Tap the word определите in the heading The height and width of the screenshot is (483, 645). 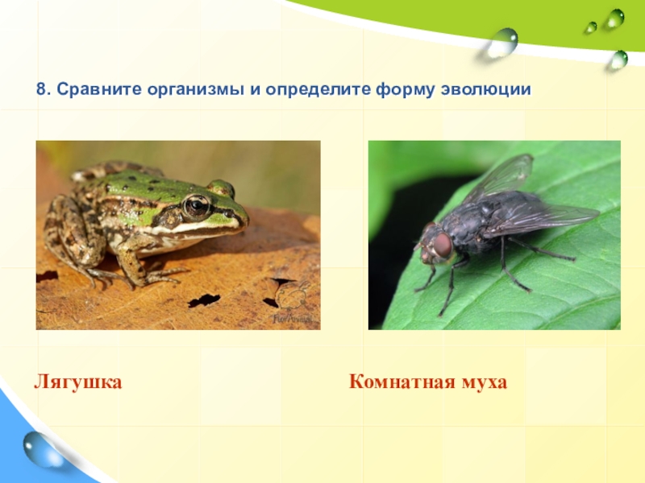pos(318,90)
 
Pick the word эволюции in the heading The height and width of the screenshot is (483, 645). pos(486,90)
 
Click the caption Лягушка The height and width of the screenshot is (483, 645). pos(77,382)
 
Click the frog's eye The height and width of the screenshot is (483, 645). pos(197,204)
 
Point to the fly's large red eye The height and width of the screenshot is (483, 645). pos(443,245)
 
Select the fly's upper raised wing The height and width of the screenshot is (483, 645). pos(501,176)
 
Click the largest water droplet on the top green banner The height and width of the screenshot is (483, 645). pos(502,43)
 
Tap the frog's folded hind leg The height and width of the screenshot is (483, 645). pos(70,230)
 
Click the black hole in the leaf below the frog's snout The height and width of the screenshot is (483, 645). pos(204,300)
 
